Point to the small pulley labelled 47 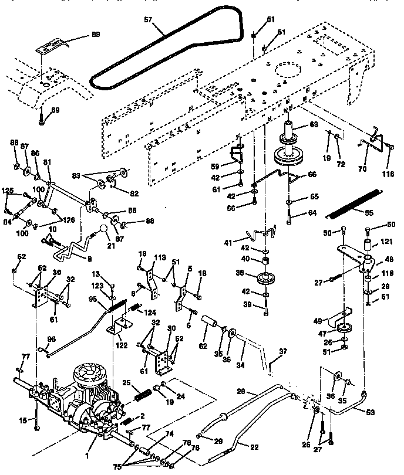coord(341,327)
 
